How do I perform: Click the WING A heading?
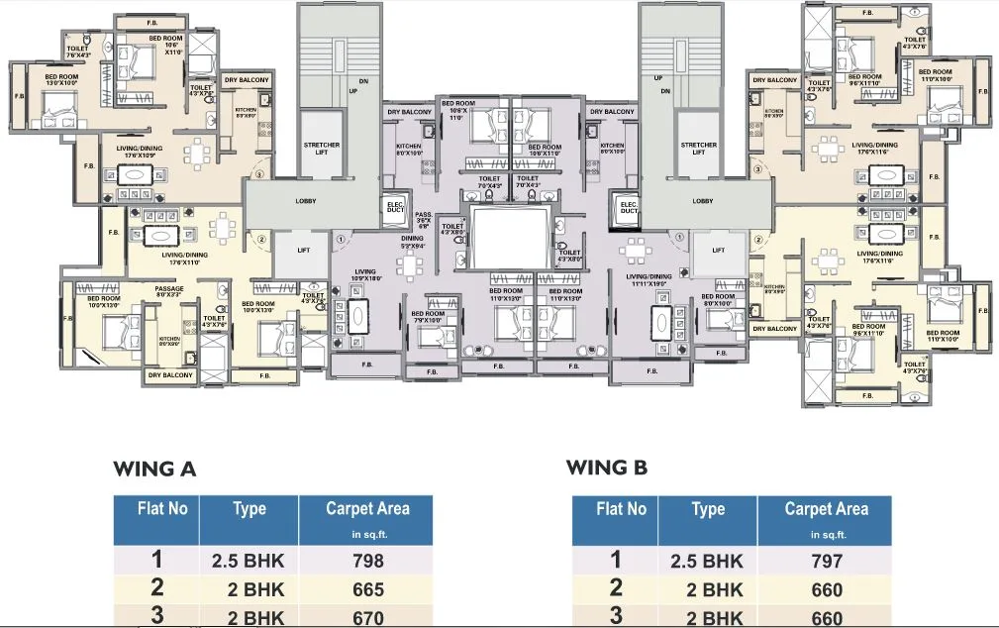pyautogui.click(x=154, y=469)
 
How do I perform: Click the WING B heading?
pyautogui.click(x=607, y=468)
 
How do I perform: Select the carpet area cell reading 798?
pyautogui.click(x=367, y=561)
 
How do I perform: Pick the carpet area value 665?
pyautogui.click(x=367, y=590)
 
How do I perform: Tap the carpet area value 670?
pyautogui.click(x=367, y=617)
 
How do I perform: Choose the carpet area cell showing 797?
pyautogui.click(x=826, y=562)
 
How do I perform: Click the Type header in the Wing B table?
pyautogui.click(x=708, y=509)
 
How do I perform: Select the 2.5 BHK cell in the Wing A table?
pyautogui.click(x=249, y=561)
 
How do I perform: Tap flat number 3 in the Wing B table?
pyautogui.click(x=615, y=617)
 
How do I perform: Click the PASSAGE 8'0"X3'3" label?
pyautogui.click(x=169, y=292)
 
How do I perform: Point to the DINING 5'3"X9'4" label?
pyautogui.click(x=411, y=242)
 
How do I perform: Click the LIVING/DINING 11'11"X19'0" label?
pyautogui.click(x=649, y=280)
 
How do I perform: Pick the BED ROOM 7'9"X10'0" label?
pyautogui.click(x=428, y=317)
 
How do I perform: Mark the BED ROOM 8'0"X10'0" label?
pyautogui.click(x=719, y=300)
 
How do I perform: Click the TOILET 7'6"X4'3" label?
pyautogui.click(x=79, y=52)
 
